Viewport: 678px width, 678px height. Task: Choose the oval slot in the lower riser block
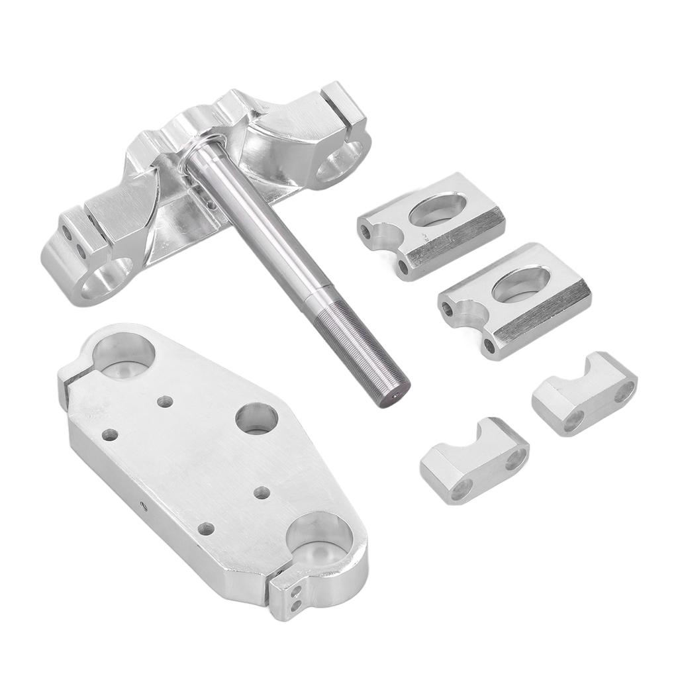coord(522,284)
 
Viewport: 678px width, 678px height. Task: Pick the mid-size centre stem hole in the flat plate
coord(257,418)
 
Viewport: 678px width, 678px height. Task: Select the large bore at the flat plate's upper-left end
coord(124,356)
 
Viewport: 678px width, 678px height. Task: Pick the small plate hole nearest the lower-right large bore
coord(262,493)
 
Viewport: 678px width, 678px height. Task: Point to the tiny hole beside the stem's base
coord(211,205)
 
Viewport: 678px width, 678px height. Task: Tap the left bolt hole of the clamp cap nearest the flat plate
coord(461,489)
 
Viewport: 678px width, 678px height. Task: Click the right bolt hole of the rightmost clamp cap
coord(622,393)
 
